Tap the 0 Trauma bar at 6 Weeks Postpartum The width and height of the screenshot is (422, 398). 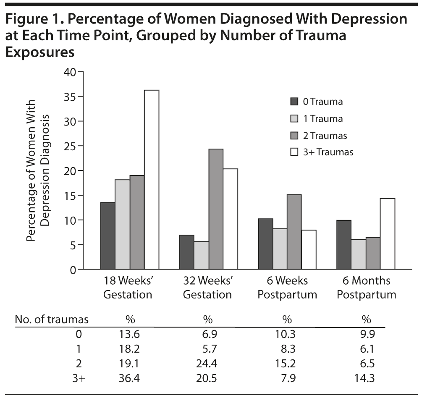(x=266, y=244)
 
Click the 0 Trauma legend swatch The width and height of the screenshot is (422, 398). (x=294, y=102)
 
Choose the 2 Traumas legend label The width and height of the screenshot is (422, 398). (x=325, y=135)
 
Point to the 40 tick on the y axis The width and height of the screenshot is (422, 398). (x=69, y=72)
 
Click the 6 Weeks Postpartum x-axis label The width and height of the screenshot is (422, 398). (x=287, y=288)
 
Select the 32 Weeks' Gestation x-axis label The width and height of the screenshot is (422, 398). (x=207, y=288)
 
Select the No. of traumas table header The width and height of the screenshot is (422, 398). (x=52, y=319)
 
